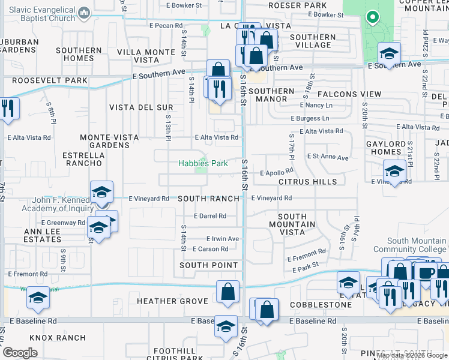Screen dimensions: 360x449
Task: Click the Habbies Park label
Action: click(x=203, y=163)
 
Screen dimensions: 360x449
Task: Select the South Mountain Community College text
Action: click(x=409, y=245)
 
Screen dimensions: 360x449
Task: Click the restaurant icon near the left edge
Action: click(x=8, y=109)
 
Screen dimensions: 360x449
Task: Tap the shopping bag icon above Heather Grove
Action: click(x=228, y=292)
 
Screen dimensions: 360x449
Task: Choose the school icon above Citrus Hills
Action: click(x=394, y=172)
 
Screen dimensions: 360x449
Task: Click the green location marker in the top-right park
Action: click(x=373, y=17)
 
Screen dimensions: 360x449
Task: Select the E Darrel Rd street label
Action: click(x=209, y=216)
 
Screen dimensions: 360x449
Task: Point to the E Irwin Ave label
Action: click(x=223, y=239)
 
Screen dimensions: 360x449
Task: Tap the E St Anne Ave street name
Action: click(x=327, y=158)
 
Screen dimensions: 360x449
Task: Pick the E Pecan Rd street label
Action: click(x=166, y=26)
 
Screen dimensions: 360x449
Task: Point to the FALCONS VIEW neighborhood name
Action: click(x=349, y=94)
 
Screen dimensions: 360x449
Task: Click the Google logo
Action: click(x=20, y=353)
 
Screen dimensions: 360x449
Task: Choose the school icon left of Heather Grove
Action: click(x=38, y=298)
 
